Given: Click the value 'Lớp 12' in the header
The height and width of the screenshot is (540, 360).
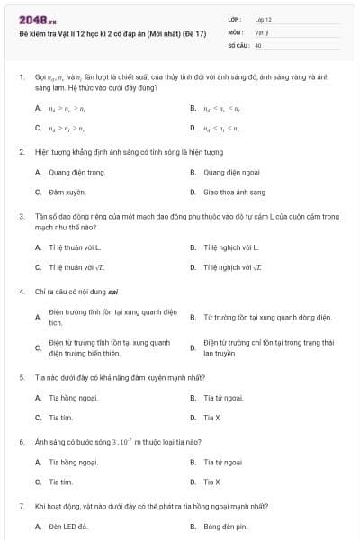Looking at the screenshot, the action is tap(263, 19).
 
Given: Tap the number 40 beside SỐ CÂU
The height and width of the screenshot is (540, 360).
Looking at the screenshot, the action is tap(258, 44).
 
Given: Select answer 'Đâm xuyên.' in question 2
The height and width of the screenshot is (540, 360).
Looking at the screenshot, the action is tap(67, 193).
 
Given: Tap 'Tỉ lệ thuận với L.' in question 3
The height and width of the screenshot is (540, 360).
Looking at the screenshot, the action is tap(76, 247).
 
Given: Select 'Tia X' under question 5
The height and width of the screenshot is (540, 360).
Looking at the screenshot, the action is tap(212, 418).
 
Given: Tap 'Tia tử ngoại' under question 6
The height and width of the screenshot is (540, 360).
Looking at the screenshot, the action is tap(223, 462).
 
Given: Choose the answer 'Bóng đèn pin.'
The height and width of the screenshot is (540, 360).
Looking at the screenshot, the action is tap(225, 526).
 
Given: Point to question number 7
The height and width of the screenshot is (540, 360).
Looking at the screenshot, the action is tap(21, 507).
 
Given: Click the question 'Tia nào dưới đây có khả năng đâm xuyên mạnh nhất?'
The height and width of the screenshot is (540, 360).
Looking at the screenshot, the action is tap(113, 377).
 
